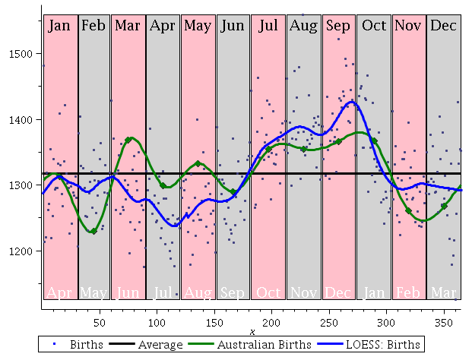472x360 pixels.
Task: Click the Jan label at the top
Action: (x=59, y=26)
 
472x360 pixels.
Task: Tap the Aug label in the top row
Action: (x=303, y=26)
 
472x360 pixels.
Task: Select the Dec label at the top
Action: (x=443, y=26)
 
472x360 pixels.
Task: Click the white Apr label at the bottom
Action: (x=59, y=292)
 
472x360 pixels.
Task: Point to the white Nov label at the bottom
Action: (x=303, y=292)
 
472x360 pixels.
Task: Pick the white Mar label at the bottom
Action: (x=443, y=292)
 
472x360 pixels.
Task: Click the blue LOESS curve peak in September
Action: (x=351, y=101)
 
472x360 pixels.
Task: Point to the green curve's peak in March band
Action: (x=130, y=139)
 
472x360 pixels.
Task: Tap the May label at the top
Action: (x=198, y=26)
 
